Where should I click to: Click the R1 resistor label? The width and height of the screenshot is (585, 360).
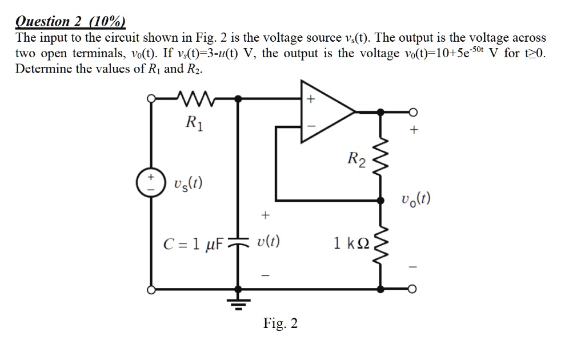(x=194, y=122)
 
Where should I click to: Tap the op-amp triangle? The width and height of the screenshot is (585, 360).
(x=326, y=111)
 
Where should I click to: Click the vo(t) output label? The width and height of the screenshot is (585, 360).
(x=415, y=199)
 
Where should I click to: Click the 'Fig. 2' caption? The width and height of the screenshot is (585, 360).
(x=280, y=324)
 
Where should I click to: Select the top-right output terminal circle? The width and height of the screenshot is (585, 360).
(x=414, y=111)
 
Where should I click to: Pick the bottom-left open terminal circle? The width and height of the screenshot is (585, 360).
(x=152, y=290)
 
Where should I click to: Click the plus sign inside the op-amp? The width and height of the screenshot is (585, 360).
(x=310, y=99)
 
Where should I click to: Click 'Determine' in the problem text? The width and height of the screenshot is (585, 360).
(x=39, y=69)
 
